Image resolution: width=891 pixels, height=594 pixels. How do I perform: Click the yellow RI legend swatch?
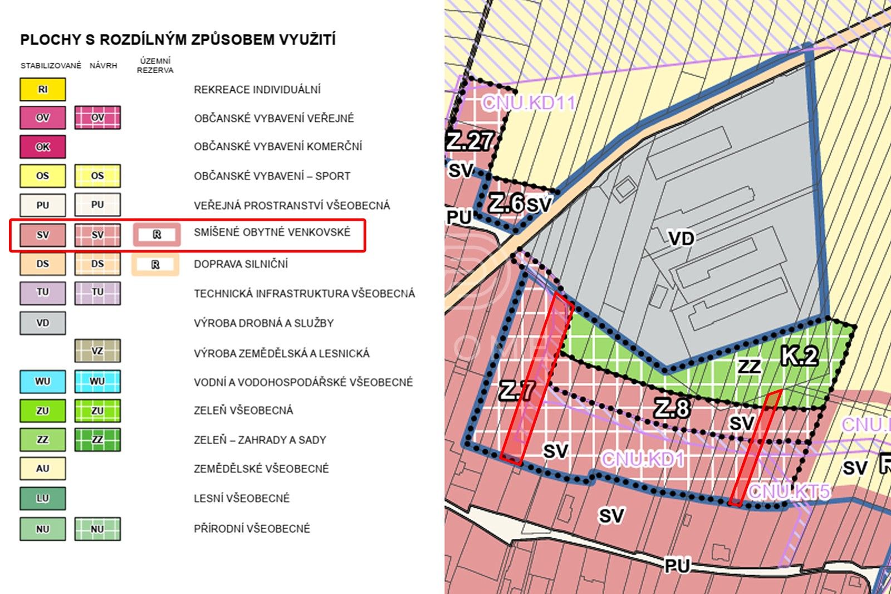click(43, 89)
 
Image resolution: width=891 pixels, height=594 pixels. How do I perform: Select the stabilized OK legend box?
click(43, 147)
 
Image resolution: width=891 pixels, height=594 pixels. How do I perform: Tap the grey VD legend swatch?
click(43, 323)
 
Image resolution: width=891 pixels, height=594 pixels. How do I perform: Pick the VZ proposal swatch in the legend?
click(97, 351)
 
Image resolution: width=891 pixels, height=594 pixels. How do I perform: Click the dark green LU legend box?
click(43, 498)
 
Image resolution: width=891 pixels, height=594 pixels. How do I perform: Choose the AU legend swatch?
click(43, 469)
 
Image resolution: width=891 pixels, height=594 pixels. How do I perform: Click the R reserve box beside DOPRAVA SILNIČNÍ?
click(155, 265)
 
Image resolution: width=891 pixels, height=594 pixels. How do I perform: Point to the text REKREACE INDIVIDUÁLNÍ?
click(257, 89)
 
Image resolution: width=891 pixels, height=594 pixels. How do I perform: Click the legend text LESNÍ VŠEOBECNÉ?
click(242, 498)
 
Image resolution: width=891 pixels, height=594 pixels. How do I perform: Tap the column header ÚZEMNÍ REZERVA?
click(155, 65)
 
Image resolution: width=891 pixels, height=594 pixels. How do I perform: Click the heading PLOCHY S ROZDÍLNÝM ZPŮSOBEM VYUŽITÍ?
click(178, 40)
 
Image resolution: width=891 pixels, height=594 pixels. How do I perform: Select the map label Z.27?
click(469, 141)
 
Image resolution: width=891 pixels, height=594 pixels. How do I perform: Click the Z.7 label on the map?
click(517, 390)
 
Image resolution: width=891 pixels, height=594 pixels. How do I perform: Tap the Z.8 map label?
click(672, 408)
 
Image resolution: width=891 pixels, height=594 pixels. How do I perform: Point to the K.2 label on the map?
click(799, 356)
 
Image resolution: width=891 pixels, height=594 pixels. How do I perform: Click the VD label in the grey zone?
click(682, 238)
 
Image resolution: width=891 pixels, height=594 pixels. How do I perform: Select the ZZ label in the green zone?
click(749, 366)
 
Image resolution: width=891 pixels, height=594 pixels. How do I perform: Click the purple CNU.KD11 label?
click(528, 103)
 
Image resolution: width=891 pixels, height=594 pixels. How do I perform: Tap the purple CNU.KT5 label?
click(790, 491)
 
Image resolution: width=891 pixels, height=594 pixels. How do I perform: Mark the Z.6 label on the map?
click(506, 203)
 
